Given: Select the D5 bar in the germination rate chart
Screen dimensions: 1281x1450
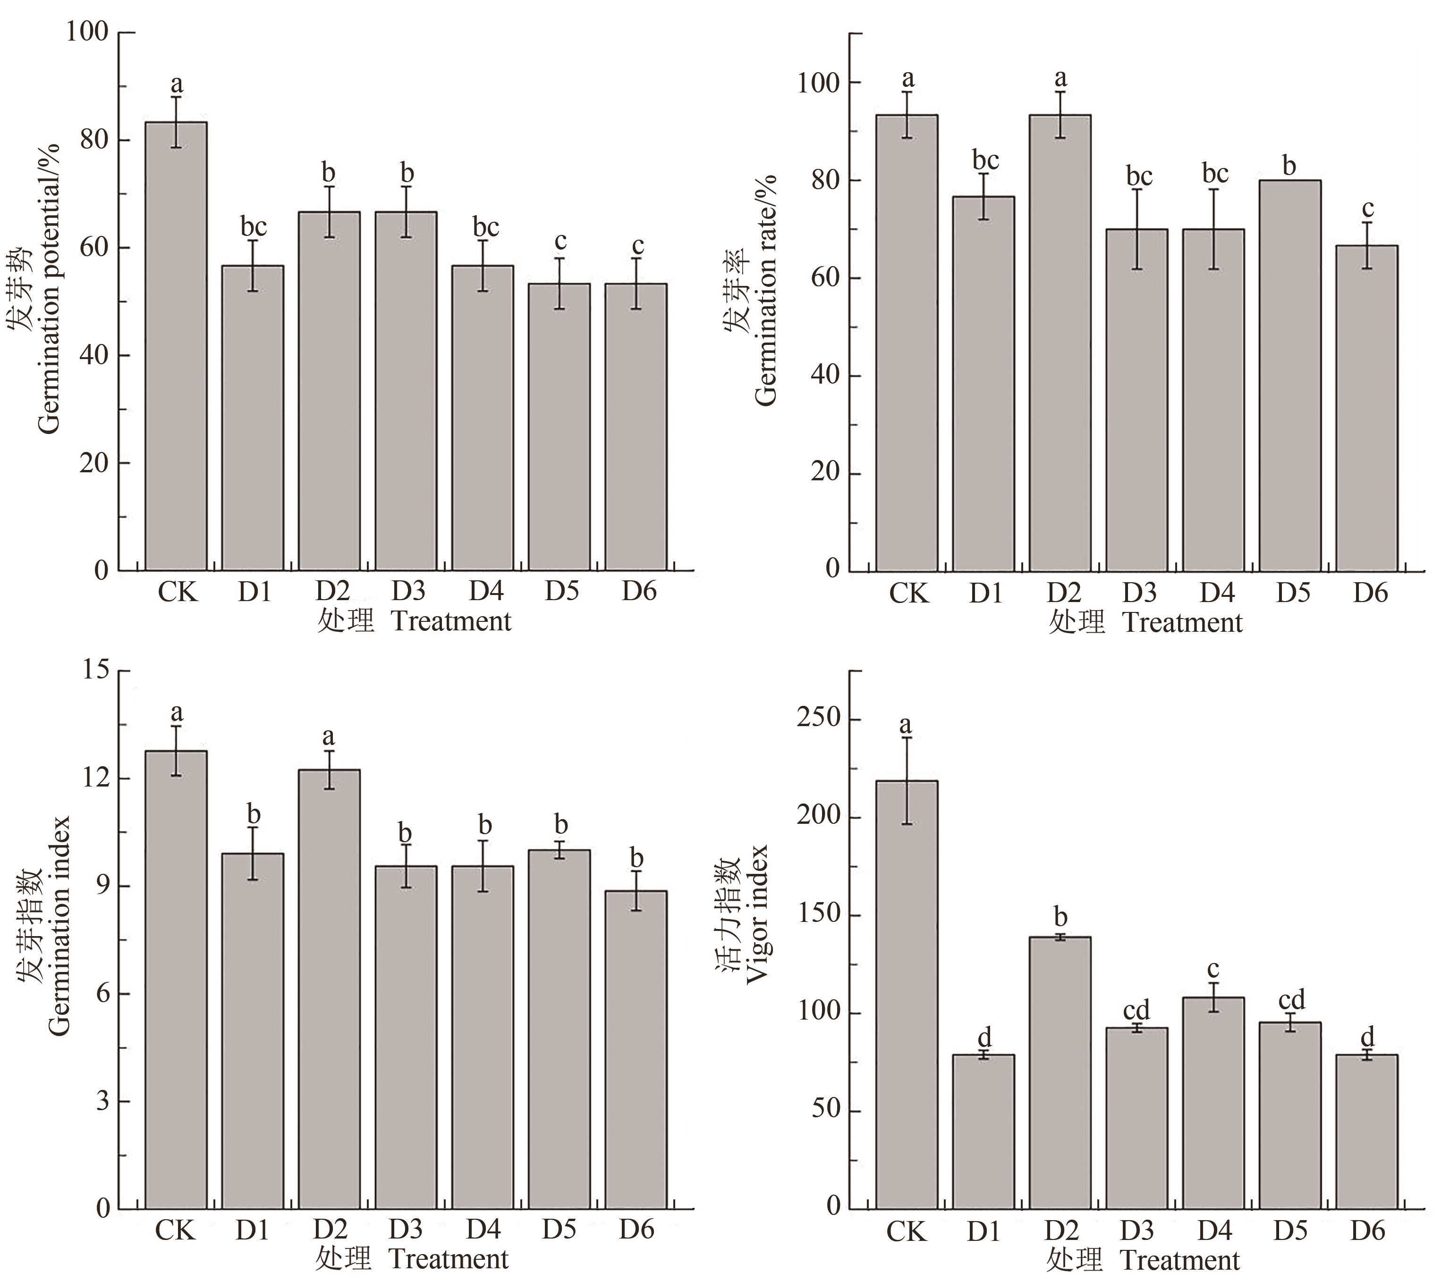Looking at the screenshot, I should click(x=1289, y=376).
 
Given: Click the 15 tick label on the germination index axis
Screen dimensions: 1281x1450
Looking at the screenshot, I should click(x=95, y=670).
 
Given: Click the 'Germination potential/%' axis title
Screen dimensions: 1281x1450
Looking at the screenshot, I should click(x=48, y=289).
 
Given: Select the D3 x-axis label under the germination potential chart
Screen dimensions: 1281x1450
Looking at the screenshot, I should click(x=407, y=591).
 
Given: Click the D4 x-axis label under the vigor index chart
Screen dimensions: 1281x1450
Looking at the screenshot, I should click(x=1214, y=1230).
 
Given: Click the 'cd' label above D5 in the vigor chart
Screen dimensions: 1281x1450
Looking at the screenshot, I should click(x=1291, y=1000).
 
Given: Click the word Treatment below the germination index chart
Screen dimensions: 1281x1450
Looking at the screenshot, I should click(x=449, y=1259).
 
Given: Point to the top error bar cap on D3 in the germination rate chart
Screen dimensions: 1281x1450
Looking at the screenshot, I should click(x=1137, y=189).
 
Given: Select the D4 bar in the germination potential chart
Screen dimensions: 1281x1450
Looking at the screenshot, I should click(x=483, y=418).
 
